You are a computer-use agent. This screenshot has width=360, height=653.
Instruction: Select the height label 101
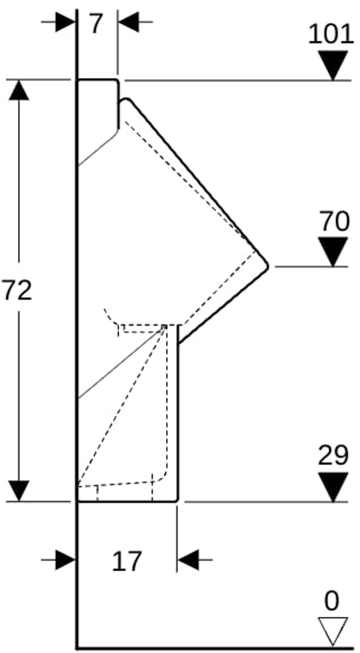(x=331, y=34)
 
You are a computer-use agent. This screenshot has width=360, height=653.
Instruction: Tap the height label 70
(x=334, y=221)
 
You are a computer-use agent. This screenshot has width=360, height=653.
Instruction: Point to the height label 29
(x=333, y=456)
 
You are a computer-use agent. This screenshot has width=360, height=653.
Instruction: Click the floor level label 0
(x=332, y=602)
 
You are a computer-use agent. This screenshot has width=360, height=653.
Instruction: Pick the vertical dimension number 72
(x=17, y=290)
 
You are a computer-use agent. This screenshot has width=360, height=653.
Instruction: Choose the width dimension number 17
(x=127, y=561)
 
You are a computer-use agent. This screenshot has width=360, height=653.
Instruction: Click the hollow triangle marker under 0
(x=333, y=630)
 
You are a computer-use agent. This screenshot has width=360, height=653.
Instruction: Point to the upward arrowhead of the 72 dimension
(x=19, y=91)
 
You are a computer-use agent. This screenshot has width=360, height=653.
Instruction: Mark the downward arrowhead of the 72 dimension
(x=19, y=491)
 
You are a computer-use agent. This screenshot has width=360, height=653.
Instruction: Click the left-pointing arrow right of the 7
(x=129, y=22)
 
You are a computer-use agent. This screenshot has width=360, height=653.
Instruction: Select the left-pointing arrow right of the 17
(x=188, y=560)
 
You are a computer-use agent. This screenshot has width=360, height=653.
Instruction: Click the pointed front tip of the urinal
(x=267, y=266)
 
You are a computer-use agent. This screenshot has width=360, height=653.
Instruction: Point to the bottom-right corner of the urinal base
(x=177, y=501)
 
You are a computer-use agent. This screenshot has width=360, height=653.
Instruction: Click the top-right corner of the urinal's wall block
(x=118, y=81)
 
